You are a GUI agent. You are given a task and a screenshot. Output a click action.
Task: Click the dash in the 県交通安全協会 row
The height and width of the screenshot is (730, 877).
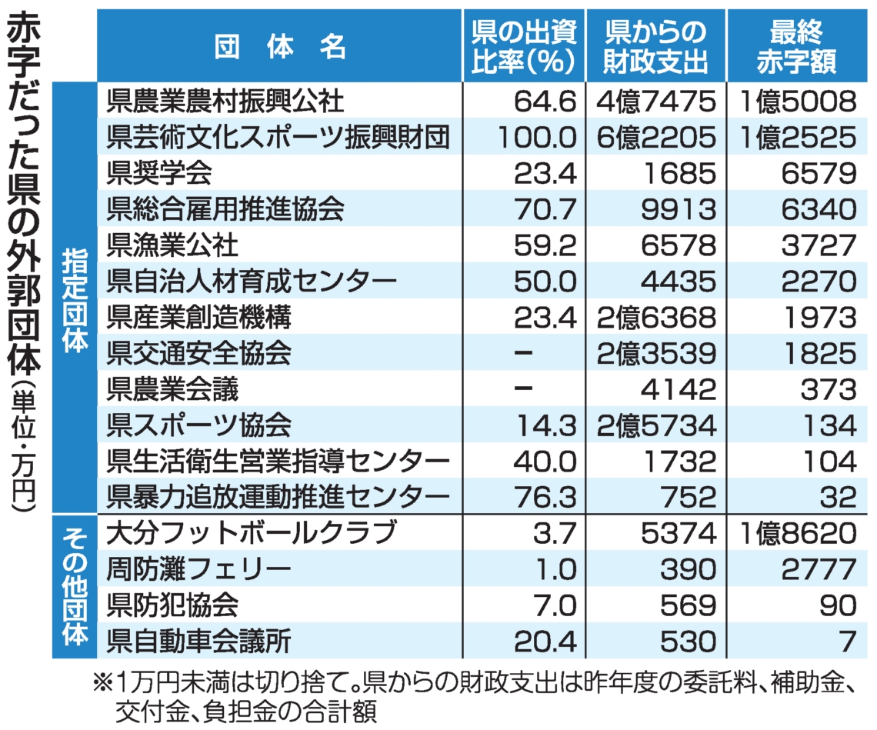523,353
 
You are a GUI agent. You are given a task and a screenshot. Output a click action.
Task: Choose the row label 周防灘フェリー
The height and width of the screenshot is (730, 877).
199,569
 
